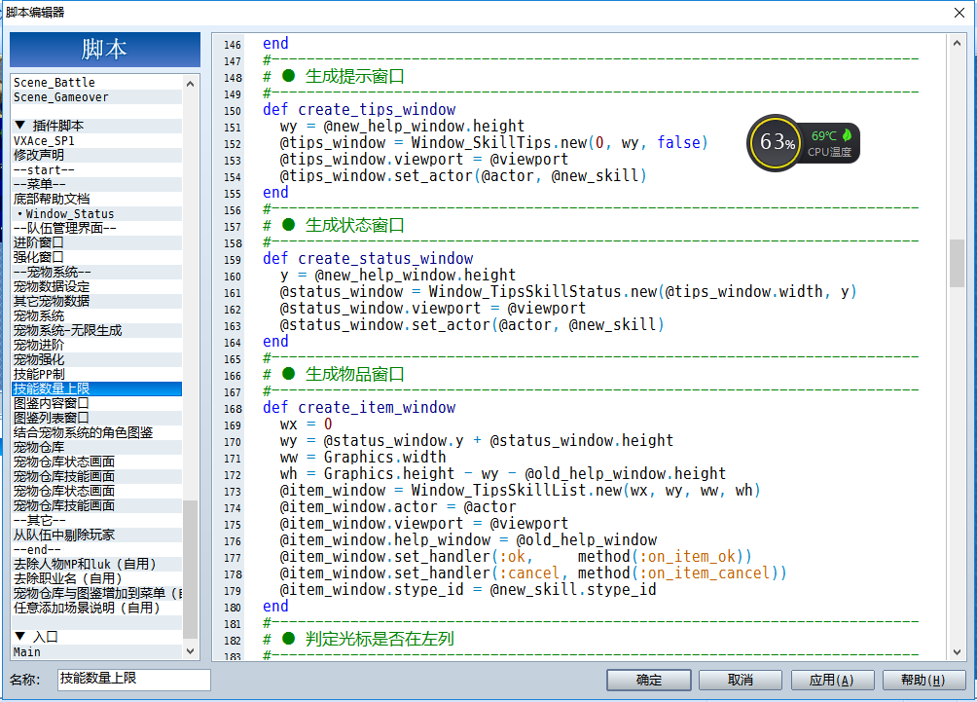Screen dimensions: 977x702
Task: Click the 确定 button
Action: point(649,680)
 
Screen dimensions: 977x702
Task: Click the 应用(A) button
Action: point(832,680)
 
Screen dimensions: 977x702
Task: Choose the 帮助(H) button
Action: point(923,680)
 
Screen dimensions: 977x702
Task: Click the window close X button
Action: point(959,13)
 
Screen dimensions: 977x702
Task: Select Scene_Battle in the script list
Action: point(54,83)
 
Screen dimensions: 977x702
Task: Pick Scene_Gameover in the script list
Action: point(61,97)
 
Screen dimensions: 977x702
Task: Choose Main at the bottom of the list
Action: point(27,652)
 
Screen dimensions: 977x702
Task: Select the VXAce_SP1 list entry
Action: point(44,141)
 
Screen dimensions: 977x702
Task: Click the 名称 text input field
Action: point(134,680)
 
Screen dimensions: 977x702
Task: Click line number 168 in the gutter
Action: point(233,409)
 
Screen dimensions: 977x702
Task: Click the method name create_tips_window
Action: point(377,110)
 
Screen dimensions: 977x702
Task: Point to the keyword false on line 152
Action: point(678,143)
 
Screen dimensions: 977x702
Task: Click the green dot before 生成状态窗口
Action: point(288,225)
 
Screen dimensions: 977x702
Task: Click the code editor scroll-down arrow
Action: point(958,652)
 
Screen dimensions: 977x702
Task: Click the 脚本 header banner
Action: point(105,50)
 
